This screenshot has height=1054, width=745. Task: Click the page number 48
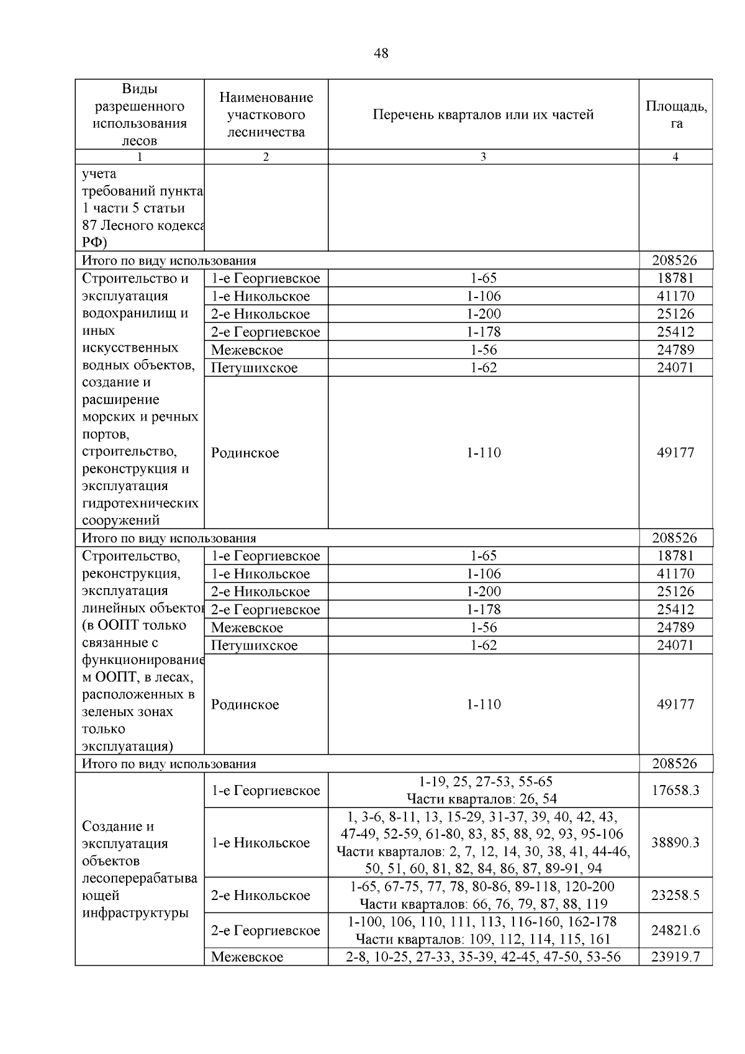point(381,53)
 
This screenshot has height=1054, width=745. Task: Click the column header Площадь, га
point(676,114)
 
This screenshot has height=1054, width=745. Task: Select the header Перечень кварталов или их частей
point(483,115)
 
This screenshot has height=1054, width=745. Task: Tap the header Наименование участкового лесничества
point(266,114)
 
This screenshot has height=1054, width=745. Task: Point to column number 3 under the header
point(483,157)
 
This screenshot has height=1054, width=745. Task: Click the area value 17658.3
point(675,790)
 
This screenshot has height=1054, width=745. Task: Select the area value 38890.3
point(675,842)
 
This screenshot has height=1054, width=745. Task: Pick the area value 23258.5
point(675,895)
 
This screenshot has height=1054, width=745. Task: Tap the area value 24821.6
point(675,930)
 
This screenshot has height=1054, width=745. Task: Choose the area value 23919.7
point(675,956)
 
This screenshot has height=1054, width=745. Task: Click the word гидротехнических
point(140,503)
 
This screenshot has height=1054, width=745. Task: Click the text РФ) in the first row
point(94,242)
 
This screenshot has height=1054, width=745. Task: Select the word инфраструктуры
point(135,912)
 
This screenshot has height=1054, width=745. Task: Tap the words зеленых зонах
point(127,712)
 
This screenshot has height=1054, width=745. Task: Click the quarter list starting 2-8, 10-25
point(483,956)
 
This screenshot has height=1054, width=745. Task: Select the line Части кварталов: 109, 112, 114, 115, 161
point(483,939)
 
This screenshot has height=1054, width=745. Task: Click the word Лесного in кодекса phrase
point(127,225)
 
